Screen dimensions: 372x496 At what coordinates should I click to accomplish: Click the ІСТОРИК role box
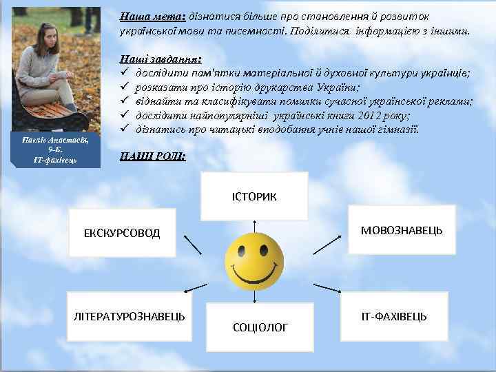[x=255, y=196]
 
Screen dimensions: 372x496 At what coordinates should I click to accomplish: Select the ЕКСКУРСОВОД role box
[x=123, y=233]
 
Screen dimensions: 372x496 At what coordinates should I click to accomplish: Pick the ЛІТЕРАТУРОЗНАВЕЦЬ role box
[x=130, y=316]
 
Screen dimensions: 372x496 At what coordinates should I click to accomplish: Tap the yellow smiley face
[x=256, y=261]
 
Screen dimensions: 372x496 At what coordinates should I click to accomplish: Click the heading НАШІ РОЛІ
[x=152, y=156]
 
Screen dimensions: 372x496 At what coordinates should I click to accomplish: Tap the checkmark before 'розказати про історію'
[x=125, y=87]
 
